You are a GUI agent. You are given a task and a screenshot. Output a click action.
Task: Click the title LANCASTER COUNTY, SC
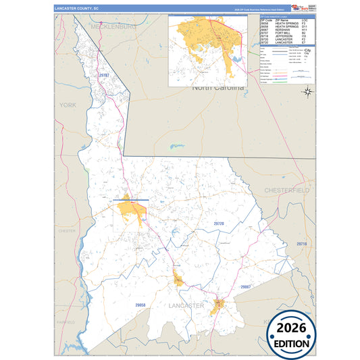point(76,9)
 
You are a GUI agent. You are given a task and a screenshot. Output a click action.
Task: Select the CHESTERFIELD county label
point(286,191)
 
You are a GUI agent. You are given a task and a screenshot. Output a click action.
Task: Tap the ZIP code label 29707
point(102,76)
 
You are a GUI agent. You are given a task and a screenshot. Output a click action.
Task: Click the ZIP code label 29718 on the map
point(301,244)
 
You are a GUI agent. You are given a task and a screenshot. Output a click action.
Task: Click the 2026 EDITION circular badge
point(292,334)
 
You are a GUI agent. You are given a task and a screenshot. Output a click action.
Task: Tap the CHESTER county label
point(67,231)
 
